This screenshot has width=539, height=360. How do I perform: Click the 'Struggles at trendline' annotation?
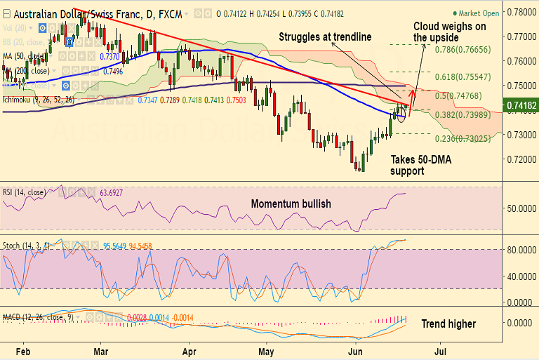pos(325,36)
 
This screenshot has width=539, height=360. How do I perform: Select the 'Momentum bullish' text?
pos(291,204)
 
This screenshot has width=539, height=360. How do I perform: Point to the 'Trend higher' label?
pos(448,324)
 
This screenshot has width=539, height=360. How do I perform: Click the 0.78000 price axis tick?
pos(521,12)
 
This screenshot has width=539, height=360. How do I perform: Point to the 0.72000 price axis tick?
pos(521,159)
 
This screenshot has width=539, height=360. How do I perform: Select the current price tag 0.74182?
pos(520,105)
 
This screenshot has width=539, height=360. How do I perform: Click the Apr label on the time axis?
pos(189,349)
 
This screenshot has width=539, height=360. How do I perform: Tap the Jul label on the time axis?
pos(441,349)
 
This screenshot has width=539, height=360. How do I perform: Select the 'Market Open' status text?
pos(480,13)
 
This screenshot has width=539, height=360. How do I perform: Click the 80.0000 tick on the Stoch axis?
pos(521,249)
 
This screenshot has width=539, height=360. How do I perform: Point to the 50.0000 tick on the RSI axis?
pos(521,208)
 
